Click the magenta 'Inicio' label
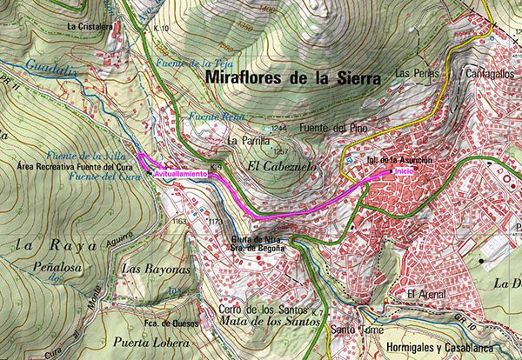[x=405, y=171]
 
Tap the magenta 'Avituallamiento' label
[x=180, y=174]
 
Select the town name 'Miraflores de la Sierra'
[x=294, y=79]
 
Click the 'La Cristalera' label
[x=90, y=26]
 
